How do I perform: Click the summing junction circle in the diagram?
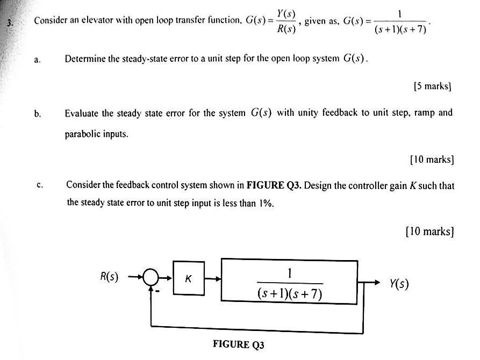point(152,279)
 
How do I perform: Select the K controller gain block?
point(189,278)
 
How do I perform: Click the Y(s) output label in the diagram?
point(399,283)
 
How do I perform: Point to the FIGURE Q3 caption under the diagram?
point(239,344)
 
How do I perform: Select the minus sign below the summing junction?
point(157,293)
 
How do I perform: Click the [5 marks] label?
point(433,86)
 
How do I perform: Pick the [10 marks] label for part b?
point(432,160)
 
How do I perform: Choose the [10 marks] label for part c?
point(430,232)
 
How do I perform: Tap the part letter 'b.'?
point(37,113)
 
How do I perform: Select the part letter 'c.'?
point(39,185)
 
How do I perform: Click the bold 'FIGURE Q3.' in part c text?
point(274,185)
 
